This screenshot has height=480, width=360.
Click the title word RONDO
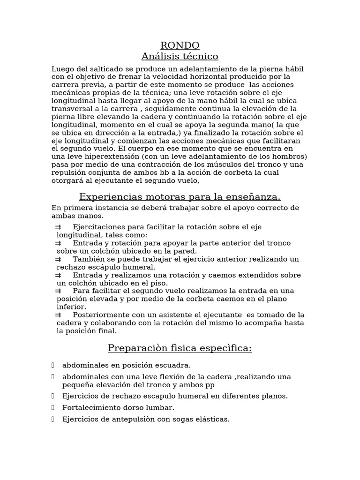click(x=180, y=45)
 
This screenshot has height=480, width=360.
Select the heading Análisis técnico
click(x=180, y=57)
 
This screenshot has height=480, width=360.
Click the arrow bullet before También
click(x=58, y=259)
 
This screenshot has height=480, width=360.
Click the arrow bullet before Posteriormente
click(x=58, y=315)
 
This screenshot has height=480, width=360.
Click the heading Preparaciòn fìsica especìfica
click(x=180, y=348)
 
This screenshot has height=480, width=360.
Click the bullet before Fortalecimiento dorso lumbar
click(x=53, y=407)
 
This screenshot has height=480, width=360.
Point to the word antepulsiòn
click(x=129, y=419)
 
